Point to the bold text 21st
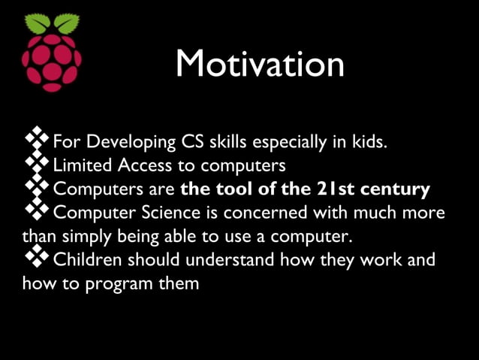pos(333,189)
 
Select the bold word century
pos(396,189)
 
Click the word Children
pos(87,260)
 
